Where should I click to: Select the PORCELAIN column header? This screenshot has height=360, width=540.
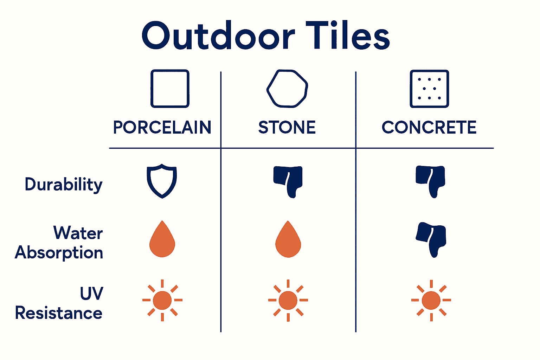[x=162, y=127]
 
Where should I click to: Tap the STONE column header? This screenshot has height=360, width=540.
[x=287, y=127]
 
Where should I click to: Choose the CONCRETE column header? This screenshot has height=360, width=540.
[x=429, y=127]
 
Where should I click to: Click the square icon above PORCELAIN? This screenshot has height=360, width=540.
[x=170, y=89]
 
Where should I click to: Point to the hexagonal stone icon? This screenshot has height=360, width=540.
[x=287, y=88]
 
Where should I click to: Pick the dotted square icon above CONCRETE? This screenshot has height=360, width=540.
[x=429, y=89]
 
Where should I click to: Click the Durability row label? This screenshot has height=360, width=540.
[x=64, y=184]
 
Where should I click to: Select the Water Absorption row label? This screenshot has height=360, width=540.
[x=59, y=243]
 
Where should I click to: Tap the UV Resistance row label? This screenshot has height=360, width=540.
[x=59, y=303]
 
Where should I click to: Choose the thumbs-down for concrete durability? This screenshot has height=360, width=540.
[x=431, y=181]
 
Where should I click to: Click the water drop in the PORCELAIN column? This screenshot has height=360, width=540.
[x=162, y=240]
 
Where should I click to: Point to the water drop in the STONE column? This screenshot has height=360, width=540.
[x=288, y=240]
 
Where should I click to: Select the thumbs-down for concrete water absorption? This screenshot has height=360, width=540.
[x=431, y=239]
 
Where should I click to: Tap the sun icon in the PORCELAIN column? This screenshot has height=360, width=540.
[x=162, y=300]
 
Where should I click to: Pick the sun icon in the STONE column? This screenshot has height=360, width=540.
[x=288, y=300]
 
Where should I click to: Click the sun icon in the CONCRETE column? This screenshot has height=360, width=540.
[x=431, y=300]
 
